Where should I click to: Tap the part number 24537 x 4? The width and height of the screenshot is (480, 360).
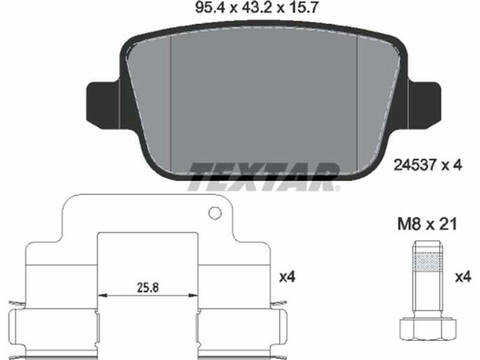(428, 166)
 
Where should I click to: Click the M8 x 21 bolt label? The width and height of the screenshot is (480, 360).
(427, 224)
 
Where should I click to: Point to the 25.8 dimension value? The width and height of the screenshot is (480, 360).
(148, 287)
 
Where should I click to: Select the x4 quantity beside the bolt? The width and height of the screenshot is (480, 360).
(463, 277)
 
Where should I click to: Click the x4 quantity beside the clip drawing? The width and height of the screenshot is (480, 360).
(287, 277)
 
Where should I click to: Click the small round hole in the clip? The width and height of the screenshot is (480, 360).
(215, 212)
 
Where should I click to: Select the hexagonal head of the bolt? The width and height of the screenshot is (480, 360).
(428, 328)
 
